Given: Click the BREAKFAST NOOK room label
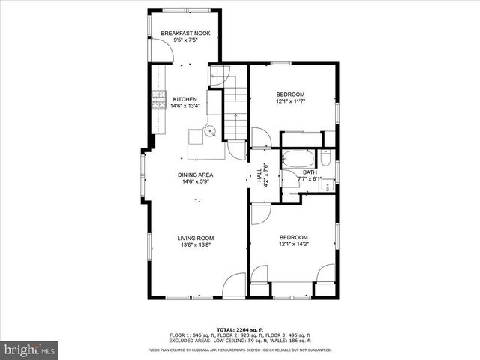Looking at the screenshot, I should pyautogui.click(x=184, y=34).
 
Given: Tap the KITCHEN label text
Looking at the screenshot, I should pyautogui.click(x=185, y=99).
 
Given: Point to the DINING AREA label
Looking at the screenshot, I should pyautogui.click(x=196, y=174).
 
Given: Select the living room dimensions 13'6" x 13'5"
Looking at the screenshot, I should pyautogui.click(x=196, y=244).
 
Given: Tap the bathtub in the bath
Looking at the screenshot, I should pyautogui.click(x=297, y=160).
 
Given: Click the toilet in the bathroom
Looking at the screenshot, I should pyautogui.click(x=326, y=158).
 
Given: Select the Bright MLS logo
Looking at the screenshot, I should pyautogui.click(x=30, y=349).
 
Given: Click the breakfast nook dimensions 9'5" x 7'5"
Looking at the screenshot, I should pyautogui.click(x=184, y=41).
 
